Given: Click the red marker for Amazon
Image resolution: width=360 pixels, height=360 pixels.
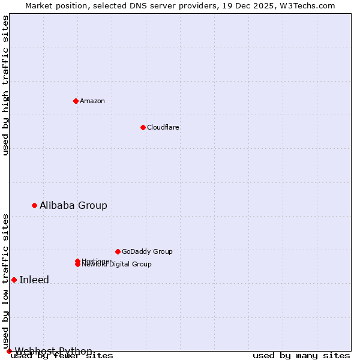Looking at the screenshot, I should point(76,101).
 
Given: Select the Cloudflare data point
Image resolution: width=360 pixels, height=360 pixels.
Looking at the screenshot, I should point(143,127).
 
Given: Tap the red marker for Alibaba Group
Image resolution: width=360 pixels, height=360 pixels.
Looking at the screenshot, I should point(34,205).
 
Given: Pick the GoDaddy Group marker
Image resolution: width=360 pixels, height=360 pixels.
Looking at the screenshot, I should point(118,251).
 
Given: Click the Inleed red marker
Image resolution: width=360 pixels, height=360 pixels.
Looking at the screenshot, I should point(14,280).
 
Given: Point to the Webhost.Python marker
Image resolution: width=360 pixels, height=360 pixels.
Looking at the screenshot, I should point(9,351).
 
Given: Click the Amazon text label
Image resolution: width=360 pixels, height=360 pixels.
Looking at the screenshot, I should point(92,101).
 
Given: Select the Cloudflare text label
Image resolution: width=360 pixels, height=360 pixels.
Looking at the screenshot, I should point(163,127).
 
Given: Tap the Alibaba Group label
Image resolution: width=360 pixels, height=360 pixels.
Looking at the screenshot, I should point(73,205).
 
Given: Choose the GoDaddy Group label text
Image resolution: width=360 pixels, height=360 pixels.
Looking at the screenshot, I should point(147,251).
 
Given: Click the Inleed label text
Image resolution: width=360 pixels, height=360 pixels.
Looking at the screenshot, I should point(34,280).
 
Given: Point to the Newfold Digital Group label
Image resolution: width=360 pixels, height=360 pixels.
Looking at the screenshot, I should point(118,265).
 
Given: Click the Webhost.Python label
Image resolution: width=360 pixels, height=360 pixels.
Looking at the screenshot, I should point(53,351).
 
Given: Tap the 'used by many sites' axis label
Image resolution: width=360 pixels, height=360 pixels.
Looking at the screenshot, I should point(301,355).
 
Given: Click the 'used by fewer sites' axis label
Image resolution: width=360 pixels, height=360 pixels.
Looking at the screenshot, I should point(62,355).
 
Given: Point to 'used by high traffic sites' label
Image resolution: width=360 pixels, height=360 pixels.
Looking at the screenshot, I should point(5,85).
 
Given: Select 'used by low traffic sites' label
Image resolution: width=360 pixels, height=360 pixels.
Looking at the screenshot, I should point(5,281).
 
